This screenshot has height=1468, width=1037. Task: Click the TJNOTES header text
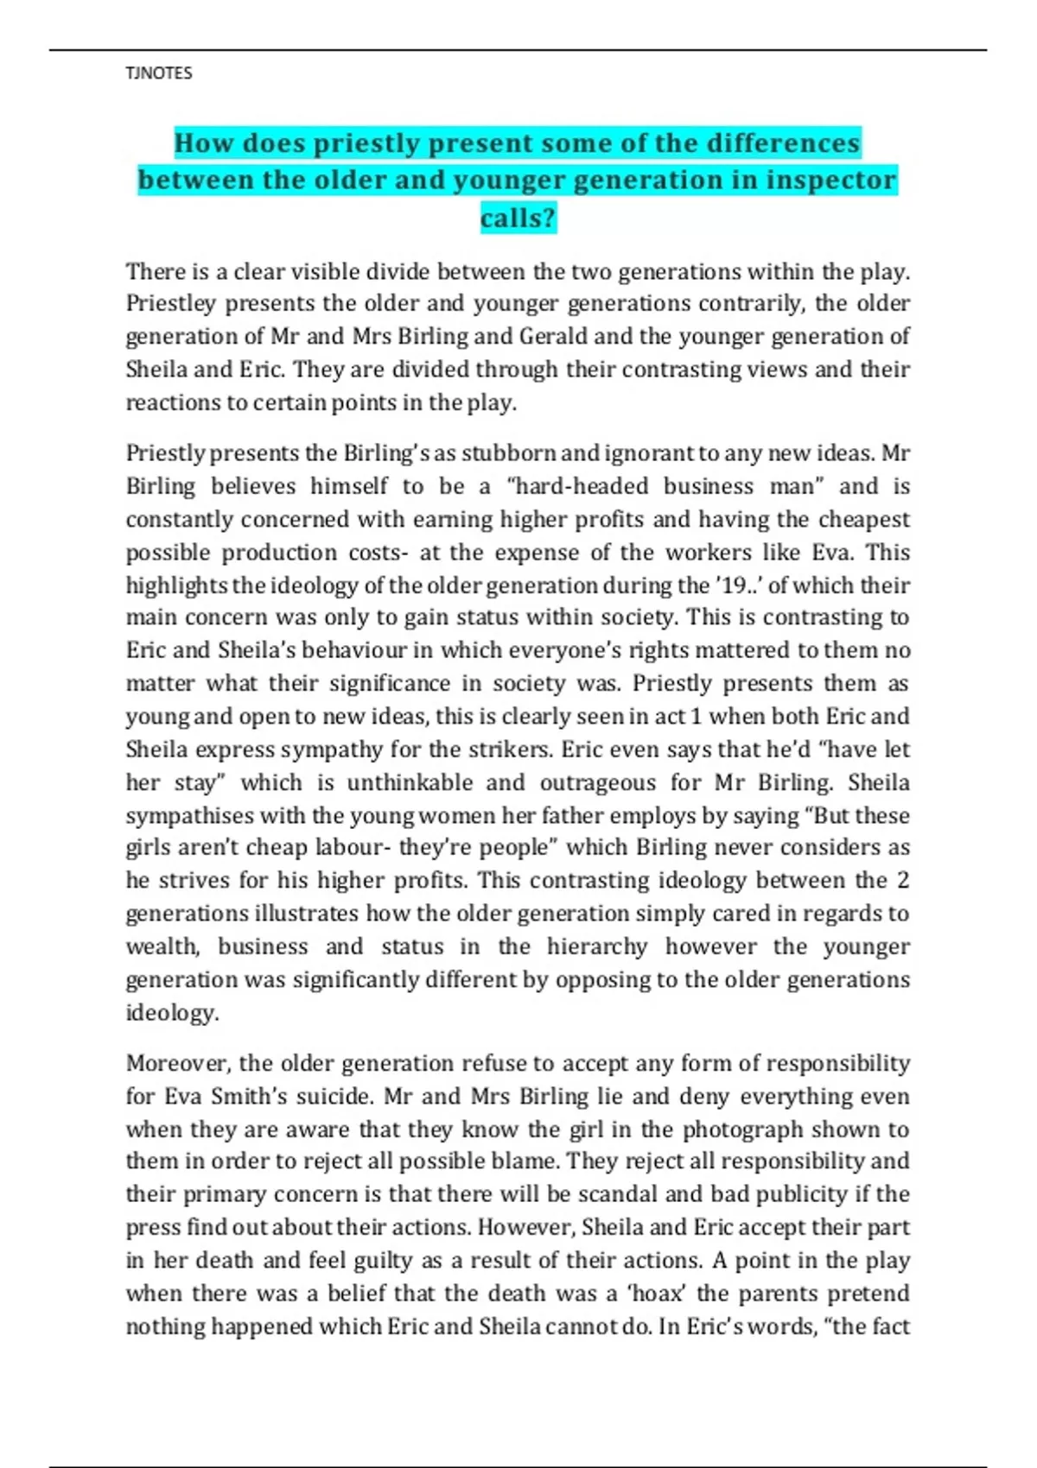point(159,73)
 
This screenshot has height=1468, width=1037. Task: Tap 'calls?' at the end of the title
point(518,218)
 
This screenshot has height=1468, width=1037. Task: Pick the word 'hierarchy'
point(596,946)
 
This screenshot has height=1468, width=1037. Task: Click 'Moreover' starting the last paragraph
point(177,1063)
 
